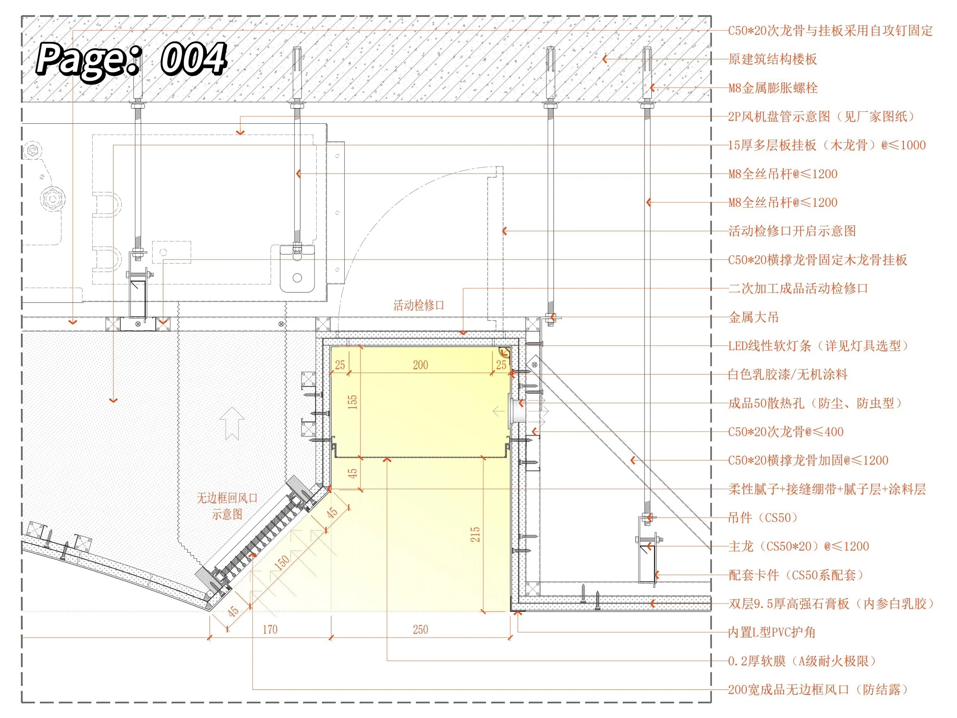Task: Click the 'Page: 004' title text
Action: (131, 60)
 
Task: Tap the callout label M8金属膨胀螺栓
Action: (773, 88)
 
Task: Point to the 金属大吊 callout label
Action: (754, 317)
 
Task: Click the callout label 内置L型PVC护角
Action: (772, 632)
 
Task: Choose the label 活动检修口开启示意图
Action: (792, 231)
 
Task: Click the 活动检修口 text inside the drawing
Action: (419, 306)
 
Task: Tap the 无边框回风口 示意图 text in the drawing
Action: (227, 506)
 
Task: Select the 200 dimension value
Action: (421, 365)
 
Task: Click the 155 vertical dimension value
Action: (353, 402)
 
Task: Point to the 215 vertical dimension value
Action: (475, 534)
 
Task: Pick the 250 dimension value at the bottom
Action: (421, 630)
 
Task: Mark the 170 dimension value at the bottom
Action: (270, 630)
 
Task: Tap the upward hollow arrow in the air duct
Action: (232, 423)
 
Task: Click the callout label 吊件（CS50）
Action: (763, 518)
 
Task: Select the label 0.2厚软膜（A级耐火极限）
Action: (802, 661)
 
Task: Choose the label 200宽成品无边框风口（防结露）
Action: (818, 690)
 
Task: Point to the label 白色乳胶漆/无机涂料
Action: (788, 374)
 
